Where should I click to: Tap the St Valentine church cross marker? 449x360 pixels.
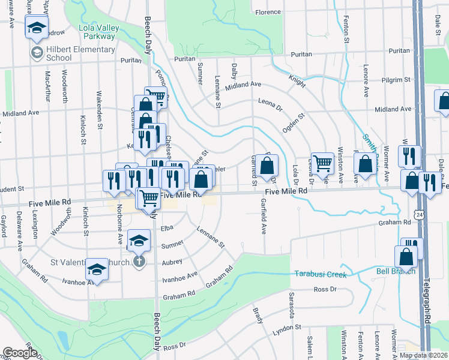(139, 262)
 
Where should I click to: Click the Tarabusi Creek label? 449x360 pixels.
(321, 274)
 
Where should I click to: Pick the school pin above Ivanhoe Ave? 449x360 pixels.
(97, 269)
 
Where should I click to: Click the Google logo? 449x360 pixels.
(20, 353)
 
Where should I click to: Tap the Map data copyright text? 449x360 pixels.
(423, 355)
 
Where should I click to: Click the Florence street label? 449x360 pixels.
(268, 12)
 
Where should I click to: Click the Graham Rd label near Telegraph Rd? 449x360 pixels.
(394, 222)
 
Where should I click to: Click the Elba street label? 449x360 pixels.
(167, 229)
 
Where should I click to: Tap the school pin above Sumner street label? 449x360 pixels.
(139, 241)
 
